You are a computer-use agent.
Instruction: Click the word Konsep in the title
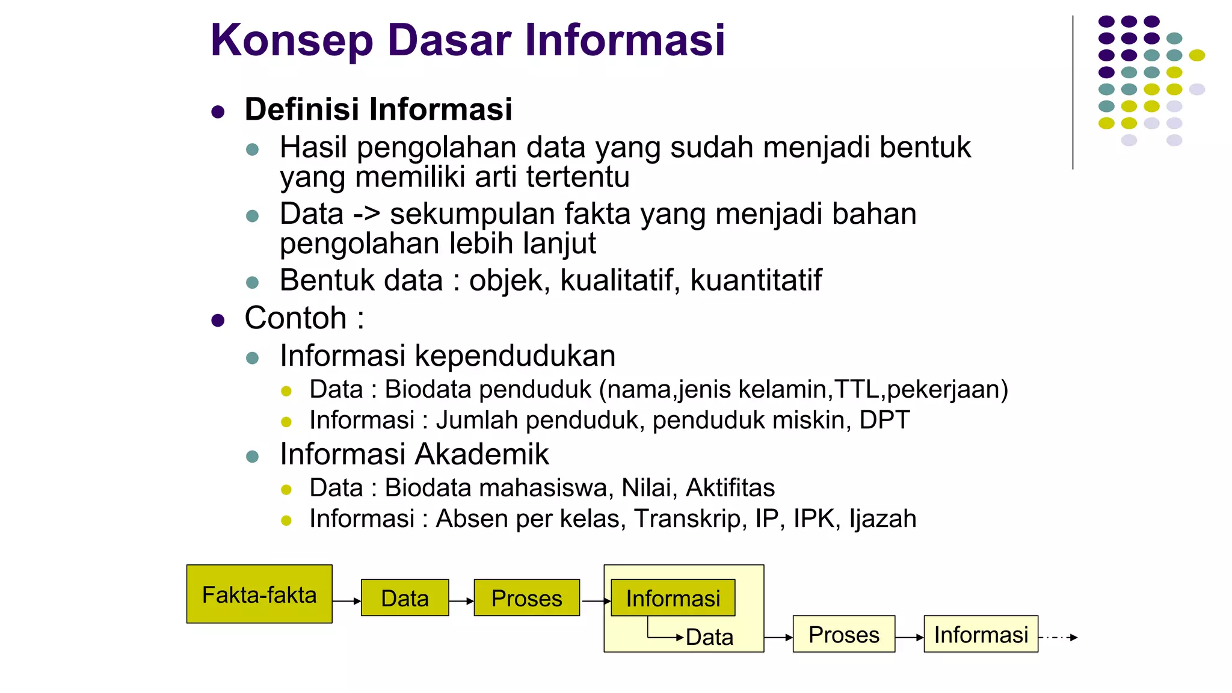pos(292,40)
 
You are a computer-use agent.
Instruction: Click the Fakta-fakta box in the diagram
pos(259,594)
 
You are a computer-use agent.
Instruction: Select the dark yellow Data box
pos(405,598)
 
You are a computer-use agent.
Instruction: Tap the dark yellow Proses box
pos(526,598)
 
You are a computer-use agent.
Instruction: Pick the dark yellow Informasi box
pos(673,598)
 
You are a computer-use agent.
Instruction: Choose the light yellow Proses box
pos(843,634)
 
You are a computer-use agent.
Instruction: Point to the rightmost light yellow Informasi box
pos(981,634)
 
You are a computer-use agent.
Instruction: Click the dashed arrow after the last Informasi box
pos(1058,637)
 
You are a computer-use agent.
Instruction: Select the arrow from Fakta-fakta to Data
pos(346,601)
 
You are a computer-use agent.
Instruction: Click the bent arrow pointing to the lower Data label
pos(662,636)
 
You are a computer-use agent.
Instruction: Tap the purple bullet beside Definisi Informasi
pos(218,112)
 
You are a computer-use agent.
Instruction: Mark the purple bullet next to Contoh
pos(218,320)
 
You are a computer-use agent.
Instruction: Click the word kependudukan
pos(515,356)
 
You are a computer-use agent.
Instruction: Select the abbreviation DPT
pos(884,420)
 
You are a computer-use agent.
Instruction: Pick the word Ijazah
pos(882,519)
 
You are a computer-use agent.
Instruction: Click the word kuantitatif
pos(756,280)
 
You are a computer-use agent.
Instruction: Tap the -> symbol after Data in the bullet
pos(366,215)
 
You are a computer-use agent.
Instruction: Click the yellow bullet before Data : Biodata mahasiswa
pos(286,490)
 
